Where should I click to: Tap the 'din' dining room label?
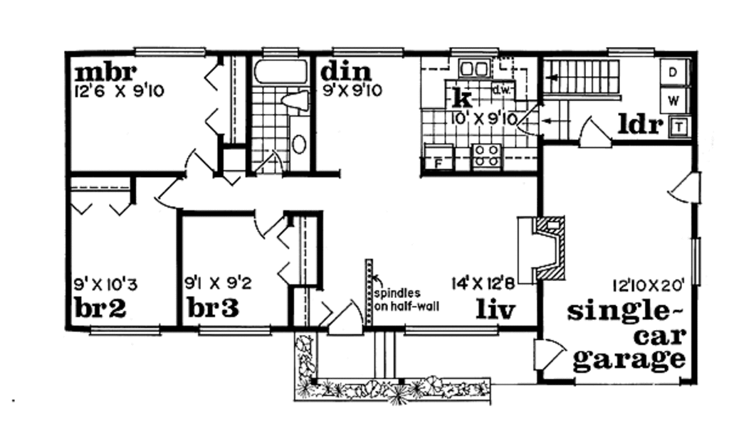point(346,72)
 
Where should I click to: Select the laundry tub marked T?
point(680,127)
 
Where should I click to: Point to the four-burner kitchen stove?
point(487,156)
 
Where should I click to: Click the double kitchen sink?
point(473,69)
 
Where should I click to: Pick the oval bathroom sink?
point(299,144)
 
